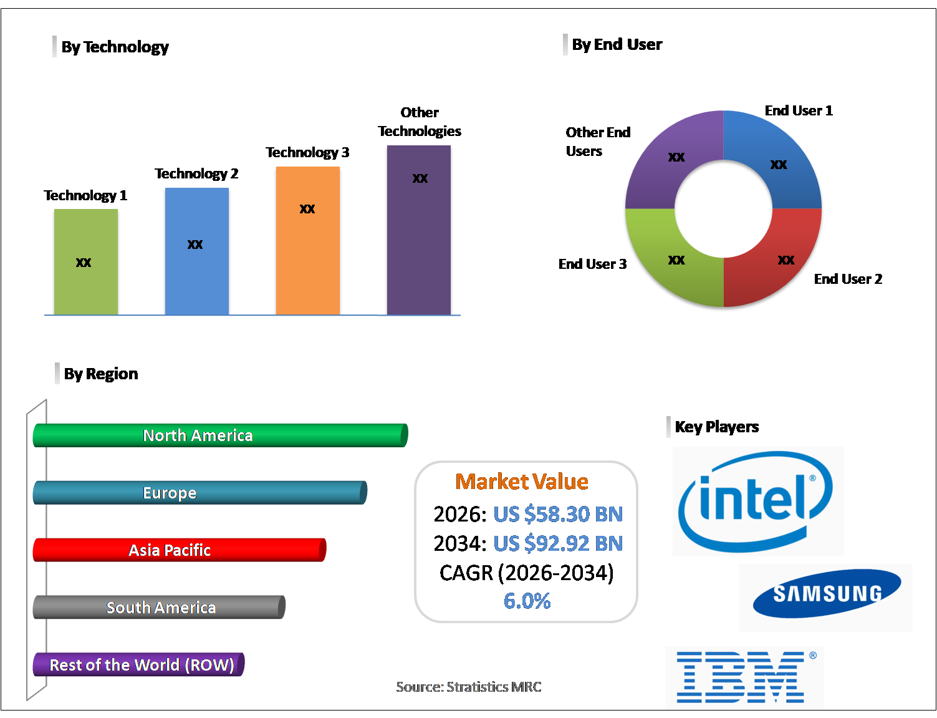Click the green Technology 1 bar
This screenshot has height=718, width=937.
point(86,261)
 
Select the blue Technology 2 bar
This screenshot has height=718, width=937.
point(197,251)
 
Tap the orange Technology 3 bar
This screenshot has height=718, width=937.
point(308,240)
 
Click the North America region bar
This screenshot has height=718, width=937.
point(220,435)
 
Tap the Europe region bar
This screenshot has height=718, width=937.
point(199,493)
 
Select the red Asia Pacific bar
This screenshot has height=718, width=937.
point(180,550)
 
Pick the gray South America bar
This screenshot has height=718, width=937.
point(159,608)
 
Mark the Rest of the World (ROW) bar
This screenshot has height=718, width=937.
point(138,665)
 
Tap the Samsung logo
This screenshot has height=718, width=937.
point(827,594)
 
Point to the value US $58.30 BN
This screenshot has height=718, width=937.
point(558,514)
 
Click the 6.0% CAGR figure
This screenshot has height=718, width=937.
point(527,601)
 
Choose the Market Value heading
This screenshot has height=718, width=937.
point(522,482)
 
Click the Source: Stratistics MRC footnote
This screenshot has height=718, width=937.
point(469,687)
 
